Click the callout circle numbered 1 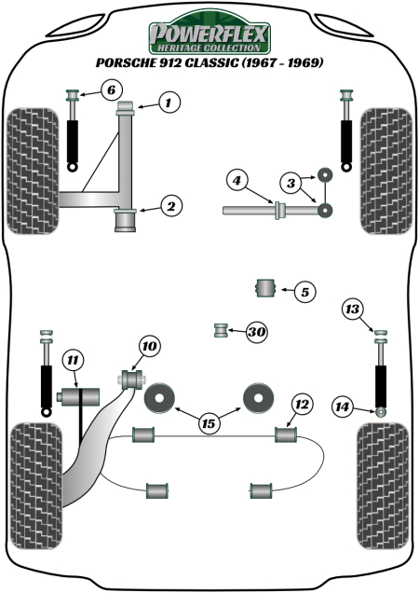(x=168, y=103)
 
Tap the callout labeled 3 (x=291, y=181)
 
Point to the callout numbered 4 (x=238, y=179)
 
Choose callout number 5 (x=304, y=292)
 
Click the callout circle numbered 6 (x=109, y=90)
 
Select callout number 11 (x=73, y=360)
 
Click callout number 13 (x=352, y=310)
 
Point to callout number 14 (x=344, y=407)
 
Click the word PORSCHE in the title (x=128, y=64)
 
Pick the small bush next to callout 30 (x=222, y=330)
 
